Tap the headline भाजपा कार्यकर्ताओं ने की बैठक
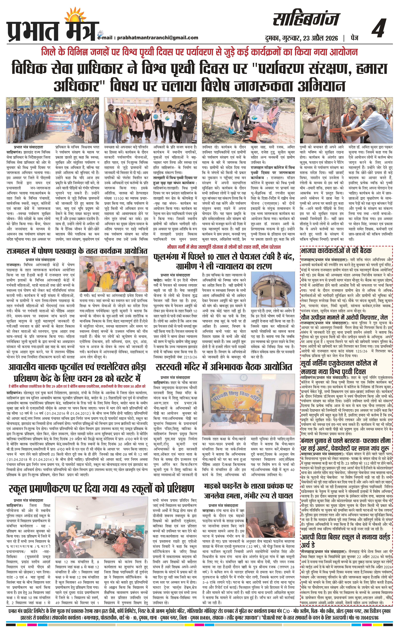336,251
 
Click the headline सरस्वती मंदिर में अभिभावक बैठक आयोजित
224,367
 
